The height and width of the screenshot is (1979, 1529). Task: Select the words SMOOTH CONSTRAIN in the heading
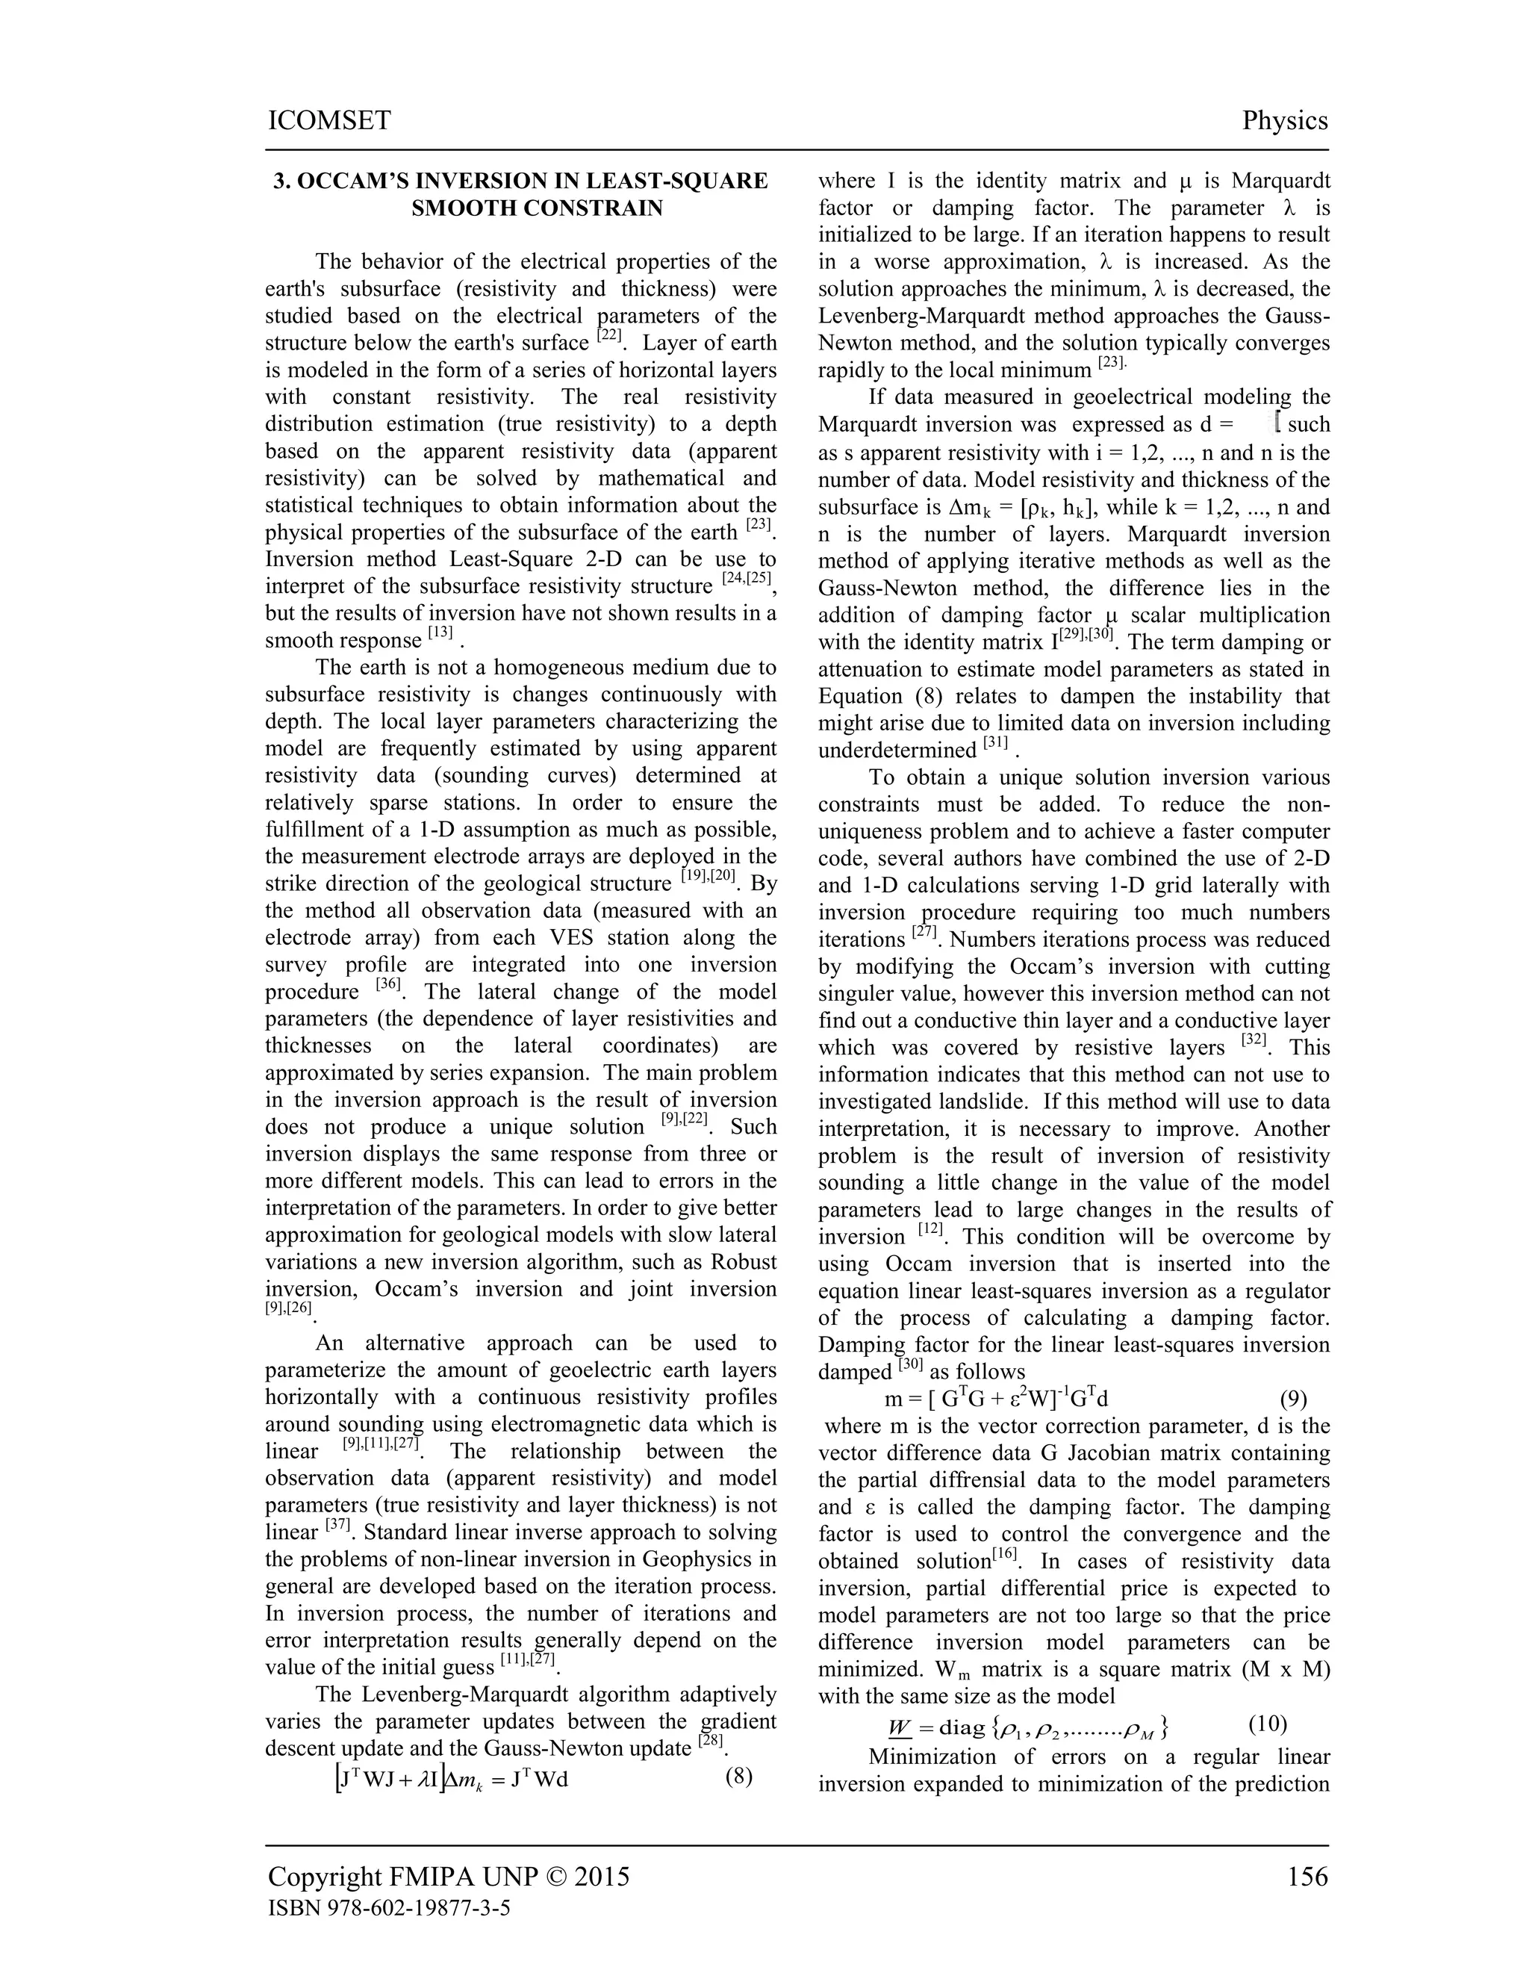[536, 208]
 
